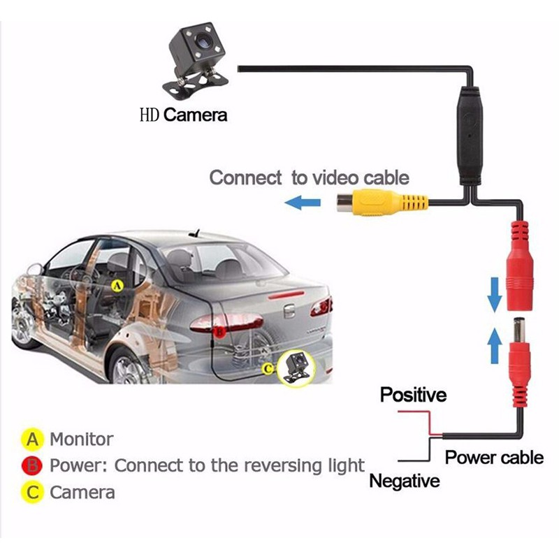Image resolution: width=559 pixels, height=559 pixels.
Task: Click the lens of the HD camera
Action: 202,41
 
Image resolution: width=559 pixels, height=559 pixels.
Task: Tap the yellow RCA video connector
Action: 382,203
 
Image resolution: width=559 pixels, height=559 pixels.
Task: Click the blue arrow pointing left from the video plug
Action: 303,203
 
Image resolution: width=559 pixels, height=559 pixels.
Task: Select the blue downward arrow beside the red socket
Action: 495,295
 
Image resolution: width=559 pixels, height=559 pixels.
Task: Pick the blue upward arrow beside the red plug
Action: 495,345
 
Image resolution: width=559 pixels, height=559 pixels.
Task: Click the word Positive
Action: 413,395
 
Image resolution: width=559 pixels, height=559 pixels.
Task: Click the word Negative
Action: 405,481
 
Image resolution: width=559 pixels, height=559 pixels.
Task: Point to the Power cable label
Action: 494,457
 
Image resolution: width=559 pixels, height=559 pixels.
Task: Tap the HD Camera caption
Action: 183,115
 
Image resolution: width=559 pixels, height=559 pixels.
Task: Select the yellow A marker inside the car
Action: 117,285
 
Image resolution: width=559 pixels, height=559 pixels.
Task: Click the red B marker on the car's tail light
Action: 219,333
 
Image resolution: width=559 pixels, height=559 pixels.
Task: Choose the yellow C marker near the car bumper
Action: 268,369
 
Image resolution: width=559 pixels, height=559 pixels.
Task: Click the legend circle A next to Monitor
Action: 32,440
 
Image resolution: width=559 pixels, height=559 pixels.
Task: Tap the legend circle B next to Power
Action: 32,465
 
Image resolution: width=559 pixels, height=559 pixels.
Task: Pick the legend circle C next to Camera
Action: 32,493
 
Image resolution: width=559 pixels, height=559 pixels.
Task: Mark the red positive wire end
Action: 398,412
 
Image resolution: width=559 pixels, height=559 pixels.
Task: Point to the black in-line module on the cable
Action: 470,136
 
